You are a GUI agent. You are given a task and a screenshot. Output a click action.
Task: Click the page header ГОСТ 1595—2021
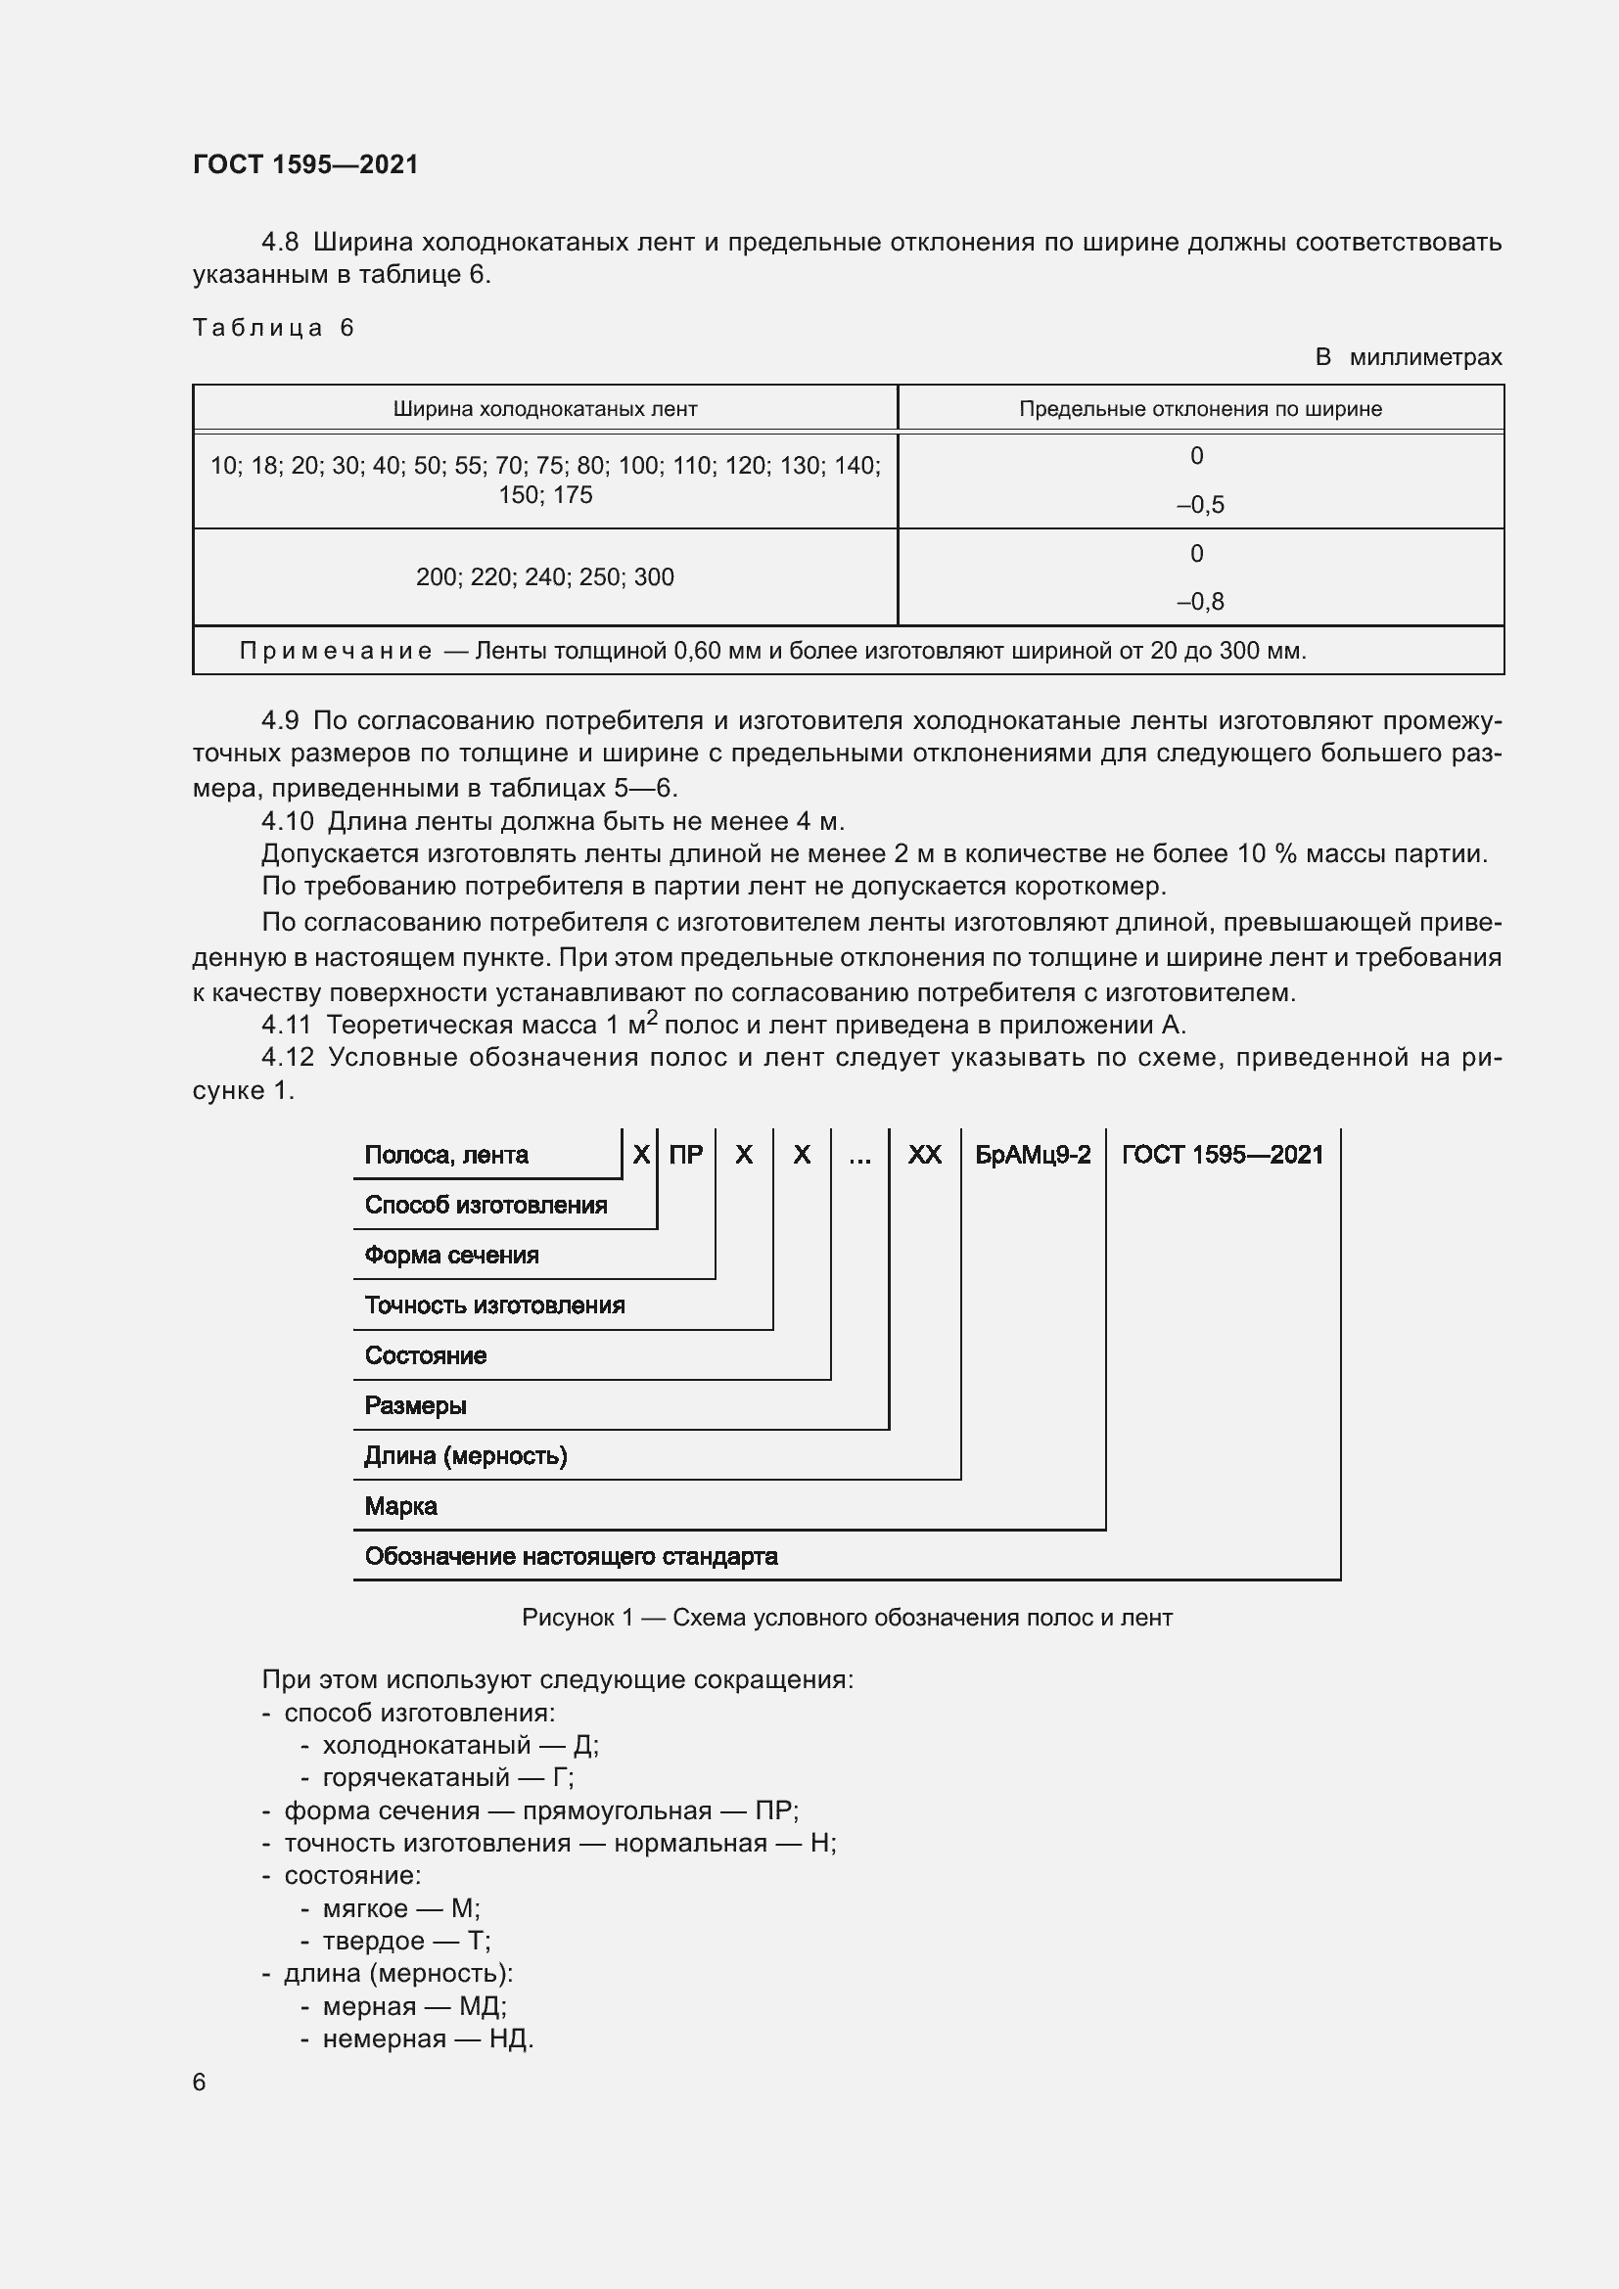pos(305,164)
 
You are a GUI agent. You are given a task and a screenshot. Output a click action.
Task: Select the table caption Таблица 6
pos(273,328)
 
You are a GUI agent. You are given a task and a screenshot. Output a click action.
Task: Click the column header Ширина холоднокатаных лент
pos(544,409)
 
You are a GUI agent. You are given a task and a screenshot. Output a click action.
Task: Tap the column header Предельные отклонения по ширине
pos(1199,409)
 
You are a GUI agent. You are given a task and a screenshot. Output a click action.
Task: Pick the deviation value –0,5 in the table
pos(1199,504)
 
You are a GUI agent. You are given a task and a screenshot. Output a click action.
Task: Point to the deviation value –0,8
pos(1199,601)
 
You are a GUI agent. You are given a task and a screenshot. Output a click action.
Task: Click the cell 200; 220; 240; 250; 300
pos(544,577)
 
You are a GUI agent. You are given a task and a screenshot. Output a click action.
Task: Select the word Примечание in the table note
pos(335,651)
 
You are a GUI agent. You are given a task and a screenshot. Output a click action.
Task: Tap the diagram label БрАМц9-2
pos(1032,1155)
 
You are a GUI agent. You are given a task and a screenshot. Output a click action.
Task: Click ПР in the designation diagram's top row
pos(685,1155)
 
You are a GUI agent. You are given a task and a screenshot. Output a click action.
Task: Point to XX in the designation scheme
pos(924,1155)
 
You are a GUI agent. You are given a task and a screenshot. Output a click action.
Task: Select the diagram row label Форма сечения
pos(450,1256)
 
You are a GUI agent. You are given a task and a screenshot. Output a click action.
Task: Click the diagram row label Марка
pos(400,1505)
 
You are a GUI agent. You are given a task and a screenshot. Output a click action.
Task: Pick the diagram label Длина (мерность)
pos(465,1455)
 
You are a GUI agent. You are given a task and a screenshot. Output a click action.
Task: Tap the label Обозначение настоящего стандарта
pos(571,1556)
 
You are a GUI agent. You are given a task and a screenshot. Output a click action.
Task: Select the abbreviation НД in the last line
pos(506,2038)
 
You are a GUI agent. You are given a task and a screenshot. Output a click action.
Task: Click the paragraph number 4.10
pos(287,821)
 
